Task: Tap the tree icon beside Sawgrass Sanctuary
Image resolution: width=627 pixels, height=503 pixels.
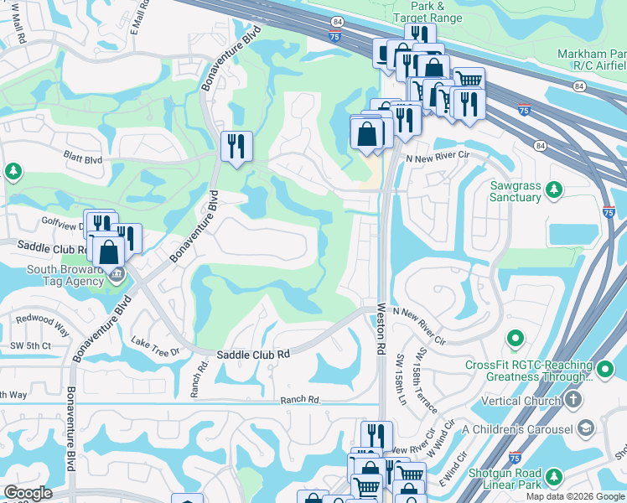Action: coord(553,191)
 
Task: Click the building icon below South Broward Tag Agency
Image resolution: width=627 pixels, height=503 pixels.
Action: coord(117,274)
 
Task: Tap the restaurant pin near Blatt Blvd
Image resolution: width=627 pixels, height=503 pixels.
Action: coord(236,147)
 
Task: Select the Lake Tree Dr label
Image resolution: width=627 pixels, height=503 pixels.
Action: coord(156,347)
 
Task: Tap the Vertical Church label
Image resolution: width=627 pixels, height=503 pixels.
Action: coord(521,401)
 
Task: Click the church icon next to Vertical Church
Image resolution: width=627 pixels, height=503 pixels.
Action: coord(573,400)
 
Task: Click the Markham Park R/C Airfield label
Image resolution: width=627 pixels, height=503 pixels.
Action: coord(591,60)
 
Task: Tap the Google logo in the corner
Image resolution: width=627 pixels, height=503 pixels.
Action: coord(28,492)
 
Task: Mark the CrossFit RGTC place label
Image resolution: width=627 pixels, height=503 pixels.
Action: coord(527,370)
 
